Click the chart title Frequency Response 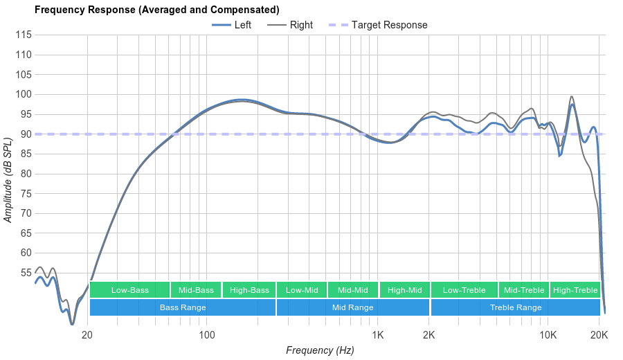157,10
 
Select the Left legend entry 232,25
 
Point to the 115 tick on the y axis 24,35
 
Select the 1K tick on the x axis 378,335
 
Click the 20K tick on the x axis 599,335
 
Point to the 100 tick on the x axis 207,335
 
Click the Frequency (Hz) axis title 320,350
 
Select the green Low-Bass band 129,290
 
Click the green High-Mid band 404,290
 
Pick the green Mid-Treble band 524,290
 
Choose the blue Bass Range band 182,307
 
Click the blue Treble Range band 516,307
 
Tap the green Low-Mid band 302,290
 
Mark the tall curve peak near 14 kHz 572,98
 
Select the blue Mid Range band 352,307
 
